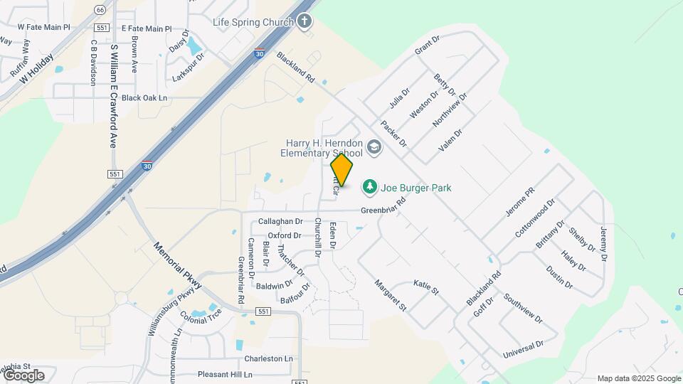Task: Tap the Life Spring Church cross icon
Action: (305, 21)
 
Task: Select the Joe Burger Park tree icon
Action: (369, 188)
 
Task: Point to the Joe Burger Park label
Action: (416, 188)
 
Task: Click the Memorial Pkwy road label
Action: (178, 265)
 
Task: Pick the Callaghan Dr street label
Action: (280, 222)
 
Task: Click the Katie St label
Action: (426, 288)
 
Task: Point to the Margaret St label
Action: (390, 296)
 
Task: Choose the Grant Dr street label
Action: (428, 47)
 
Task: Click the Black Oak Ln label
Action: (144, 98)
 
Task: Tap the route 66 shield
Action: (100, 9)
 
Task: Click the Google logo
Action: (23, 375)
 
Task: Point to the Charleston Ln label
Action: (268, 359)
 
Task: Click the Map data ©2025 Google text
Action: (639, 378)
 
